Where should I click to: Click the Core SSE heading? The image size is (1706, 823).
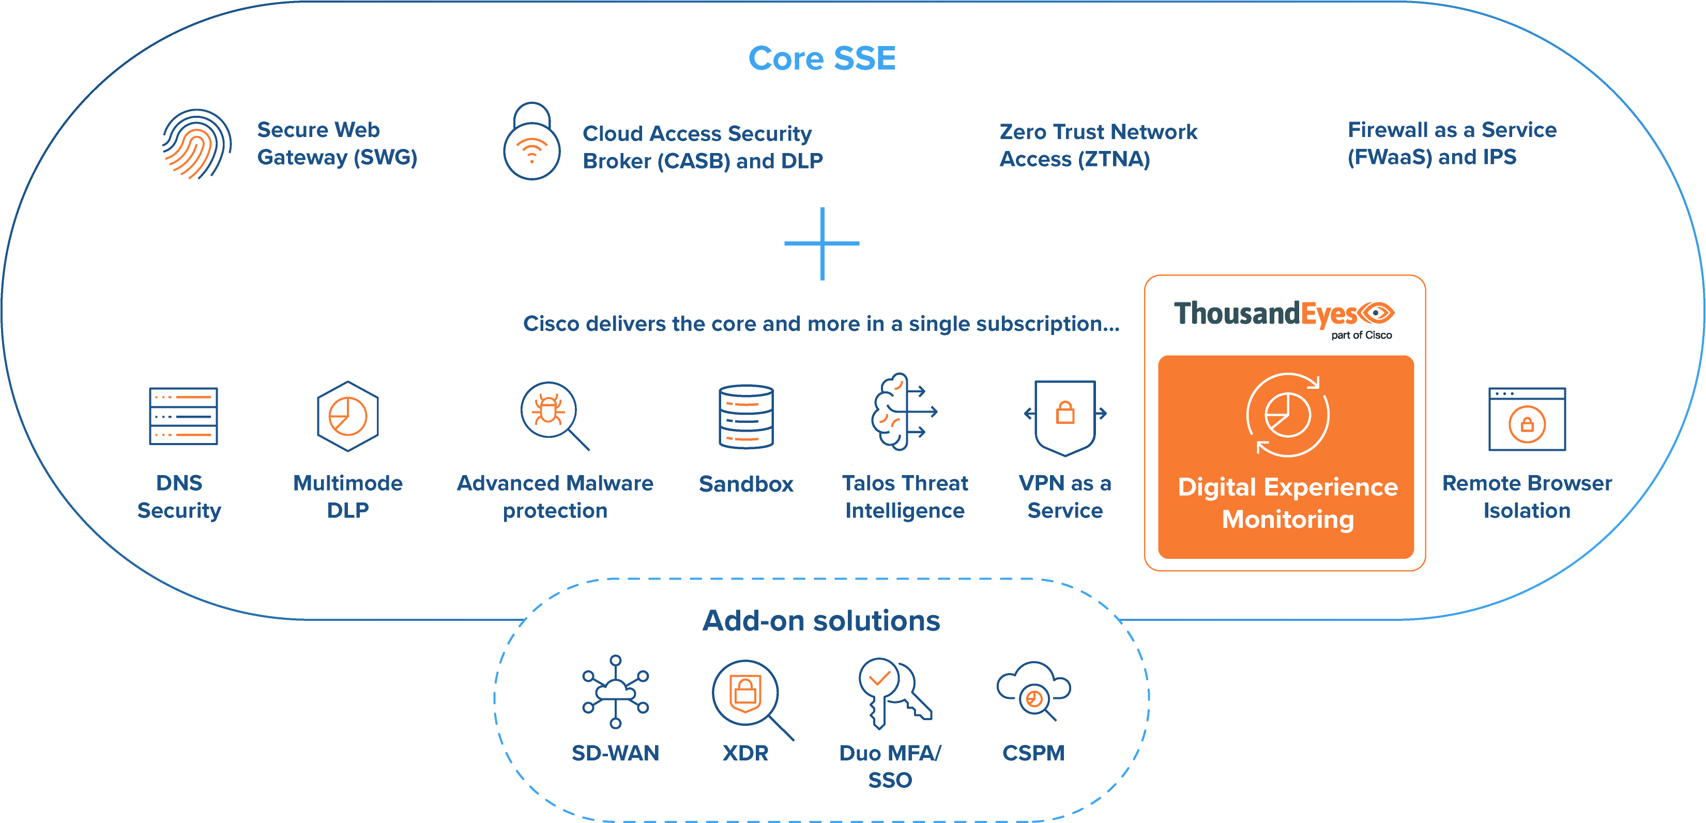click(x=822, y=58)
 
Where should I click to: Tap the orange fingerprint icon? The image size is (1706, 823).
click(x=196, y=144)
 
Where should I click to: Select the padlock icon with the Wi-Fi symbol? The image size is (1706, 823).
click(x=532, y=142)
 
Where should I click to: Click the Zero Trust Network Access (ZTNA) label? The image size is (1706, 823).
click(x=1098, y=145)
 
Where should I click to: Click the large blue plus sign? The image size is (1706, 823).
click(x=822, y=243)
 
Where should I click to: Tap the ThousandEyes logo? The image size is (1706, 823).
click(x=1284, y=316)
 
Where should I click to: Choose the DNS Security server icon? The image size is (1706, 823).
click(x=184, y=416)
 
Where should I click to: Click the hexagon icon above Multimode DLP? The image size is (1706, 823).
click(x=348, y=416)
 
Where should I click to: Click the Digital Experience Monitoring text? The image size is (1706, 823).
click(x=1287, y=503)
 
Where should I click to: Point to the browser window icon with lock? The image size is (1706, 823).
click(x=1527, y=419)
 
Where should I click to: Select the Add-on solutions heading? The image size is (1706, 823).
click(x=821, y=621)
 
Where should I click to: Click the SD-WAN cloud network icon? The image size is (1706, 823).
click(x=615, y=692)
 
